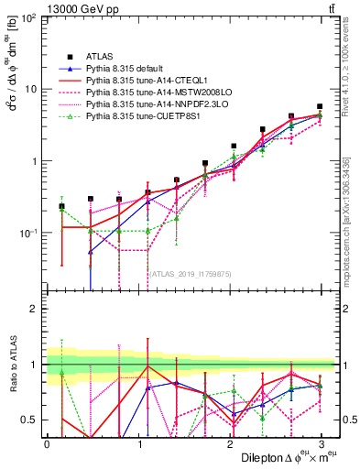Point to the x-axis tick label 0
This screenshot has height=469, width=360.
point(47,442)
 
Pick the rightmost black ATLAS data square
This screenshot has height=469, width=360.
point(320,106)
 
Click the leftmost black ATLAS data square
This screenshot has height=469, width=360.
point(61,207)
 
